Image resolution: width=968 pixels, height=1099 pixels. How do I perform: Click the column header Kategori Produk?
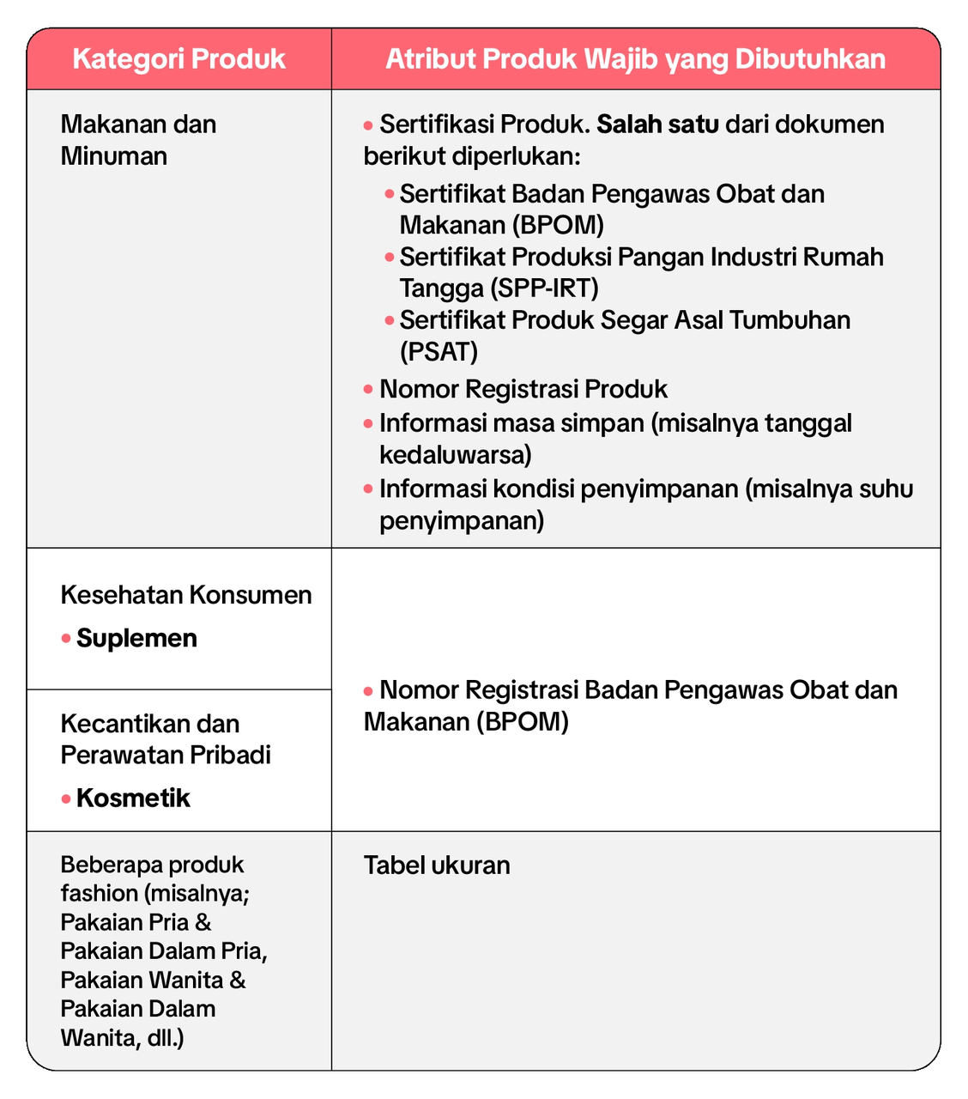[178, 59]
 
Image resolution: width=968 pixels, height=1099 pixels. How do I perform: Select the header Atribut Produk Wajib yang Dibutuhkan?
[635, 59]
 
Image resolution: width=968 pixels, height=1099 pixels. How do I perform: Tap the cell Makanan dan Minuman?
[138, 140]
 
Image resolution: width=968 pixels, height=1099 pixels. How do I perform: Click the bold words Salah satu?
[657, 124]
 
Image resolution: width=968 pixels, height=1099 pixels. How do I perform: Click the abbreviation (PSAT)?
[439, 351]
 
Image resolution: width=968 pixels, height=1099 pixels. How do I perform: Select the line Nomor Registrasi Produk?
[523, 389]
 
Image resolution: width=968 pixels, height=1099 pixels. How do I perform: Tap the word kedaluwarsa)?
[456, 453]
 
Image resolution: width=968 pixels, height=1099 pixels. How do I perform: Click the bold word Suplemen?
[137, 638]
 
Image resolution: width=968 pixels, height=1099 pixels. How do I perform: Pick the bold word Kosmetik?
[133, 798]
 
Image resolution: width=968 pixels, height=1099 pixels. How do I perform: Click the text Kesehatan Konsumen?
[186, 595]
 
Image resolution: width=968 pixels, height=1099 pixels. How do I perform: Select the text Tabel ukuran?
[437, 865]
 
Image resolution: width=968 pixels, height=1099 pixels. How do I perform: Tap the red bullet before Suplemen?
[65, 639]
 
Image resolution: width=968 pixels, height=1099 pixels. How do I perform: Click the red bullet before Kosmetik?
[65, 798]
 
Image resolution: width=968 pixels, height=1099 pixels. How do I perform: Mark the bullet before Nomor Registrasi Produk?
[368, 390]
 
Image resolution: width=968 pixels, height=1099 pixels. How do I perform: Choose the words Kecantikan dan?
[149, 723]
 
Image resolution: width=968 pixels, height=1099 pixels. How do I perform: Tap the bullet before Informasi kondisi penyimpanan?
[368, 489]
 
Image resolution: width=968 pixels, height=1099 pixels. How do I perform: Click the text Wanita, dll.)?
[122, 1038]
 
